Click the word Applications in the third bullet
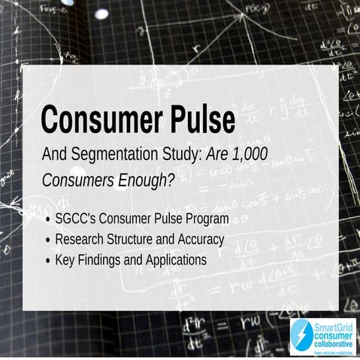point(174,260)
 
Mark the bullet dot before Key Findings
point(49,261)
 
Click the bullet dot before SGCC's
point(49,219)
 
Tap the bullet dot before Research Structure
point(49,241)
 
